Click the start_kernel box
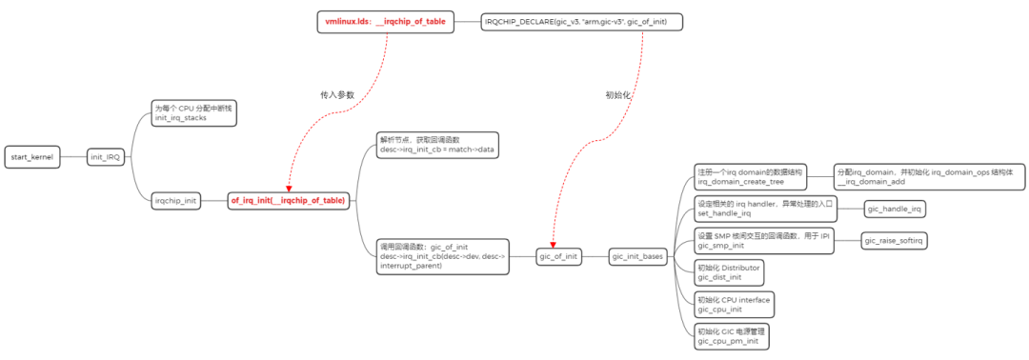tap(32, 156)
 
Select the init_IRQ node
tap(107, 156)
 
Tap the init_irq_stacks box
tap(193, 112)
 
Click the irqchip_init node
tap(176, 200)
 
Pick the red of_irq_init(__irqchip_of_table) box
tap(289, 200)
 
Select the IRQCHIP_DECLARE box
tap(582, 21)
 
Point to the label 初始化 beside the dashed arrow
tap(618, 95)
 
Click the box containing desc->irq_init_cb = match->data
tap(436, 145)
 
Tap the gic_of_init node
tap(558, 256)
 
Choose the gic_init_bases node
tap(638, 256)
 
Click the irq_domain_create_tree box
tap(751, 175)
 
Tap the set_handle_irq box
tap(764, 208)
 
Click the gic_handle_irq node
tap(895, 208)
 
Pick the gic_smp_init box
tap(763, 240)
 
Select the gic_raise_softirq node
tap(895, 240)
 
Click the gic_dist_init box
tap(729, 273)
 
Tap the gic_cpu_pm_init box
tap(731, 336)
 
